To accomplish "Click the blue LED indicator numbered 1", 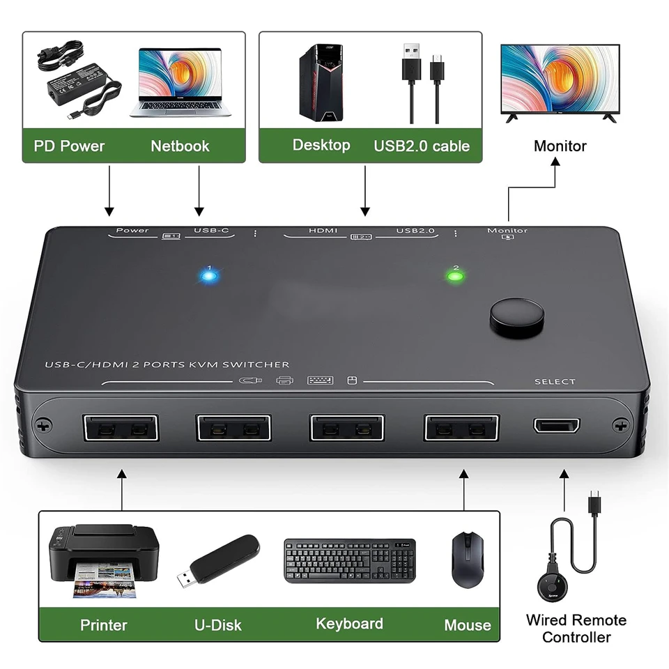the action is point(208,276).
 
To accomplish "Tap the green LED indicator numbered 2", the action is point(455,276).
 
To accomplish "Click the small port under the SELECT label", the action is point(556,425).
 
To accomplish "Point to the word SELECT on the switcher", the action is point(555,381).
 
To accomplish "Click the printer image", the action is point(104,560).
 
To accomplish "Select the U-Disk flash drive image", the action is point(218,560).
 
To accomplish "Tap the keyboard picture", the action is point(350,560).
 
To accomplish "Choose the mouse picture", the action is point(468,560).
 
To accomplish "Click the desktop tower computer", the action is point(321,82).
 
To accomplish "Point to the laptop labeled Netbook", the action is point(180,82).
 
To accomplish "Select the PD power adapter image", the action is point(79,79).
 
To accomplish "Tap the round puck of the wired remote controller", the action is point(553,587).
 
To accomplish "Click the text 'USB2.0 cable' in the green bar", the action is point(422,146).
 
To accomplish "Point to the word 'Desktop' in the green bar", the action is point(321,146).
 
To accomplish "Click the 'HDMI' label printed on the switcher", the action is point(323,231).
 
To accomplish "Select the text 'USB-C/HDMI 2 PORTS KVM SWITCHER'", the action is point(167,364).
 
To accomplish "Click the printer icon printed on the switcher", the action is point(284,380).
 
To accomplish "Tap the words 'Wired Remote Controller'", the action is point(576,628).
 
